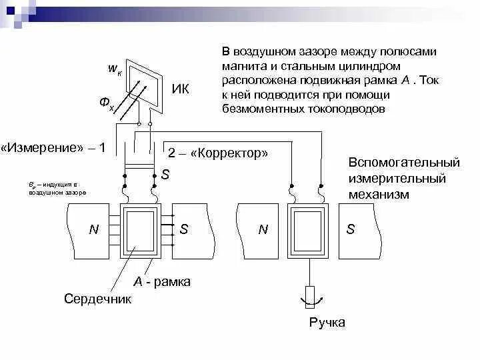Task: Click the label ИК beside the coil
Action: (x=180, y=89)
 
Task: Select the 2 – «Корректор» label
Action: (x=217, y=153)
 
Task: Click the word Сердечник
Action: (x=97, y=299)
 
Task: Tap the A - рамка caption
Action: (x=162, y=281)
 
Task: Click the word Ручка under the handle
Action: (x=327, y=323)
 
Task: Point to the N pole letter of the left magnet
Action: (x=94, y=229)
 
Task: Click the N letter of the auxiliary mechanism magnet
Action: (x=263, y=229)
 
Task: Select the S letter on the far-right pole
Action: (x=351, y=229)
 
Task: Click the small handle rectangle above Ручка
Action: (x=309, y=294)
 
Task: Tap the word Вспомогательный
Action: (x=404, y=163)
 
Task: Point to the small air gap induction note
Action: (x=57, y=187)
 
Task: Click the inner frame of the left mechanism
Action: (x=140, y=231)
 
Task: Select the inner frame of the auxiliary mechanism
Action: (x=309, y=230)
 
